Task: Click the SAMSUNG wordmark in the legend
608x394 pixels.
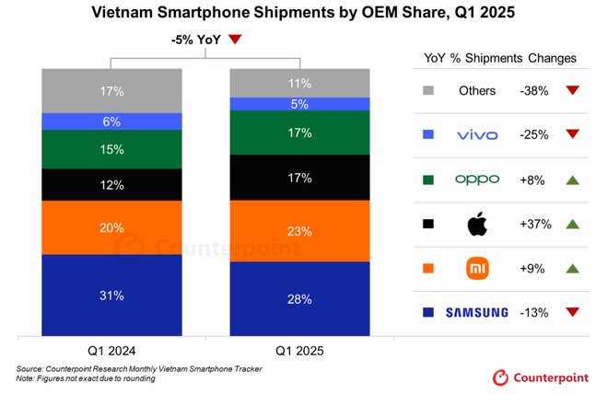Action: tap(477, 312)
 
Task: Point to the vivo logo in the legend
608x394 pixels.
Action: tap(477, 135)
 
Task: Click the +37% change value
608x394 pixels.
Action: tap(535, 224)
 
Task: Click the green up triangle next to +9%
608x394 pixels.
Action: tap(571, 268)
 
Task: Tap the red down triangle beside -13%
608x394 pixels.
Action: tap(571, 312)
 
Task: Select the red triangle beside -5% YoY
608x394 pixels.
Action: tap(235, 39)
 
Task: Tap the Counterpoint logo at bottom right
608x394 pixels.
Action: tap(541, 376)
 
